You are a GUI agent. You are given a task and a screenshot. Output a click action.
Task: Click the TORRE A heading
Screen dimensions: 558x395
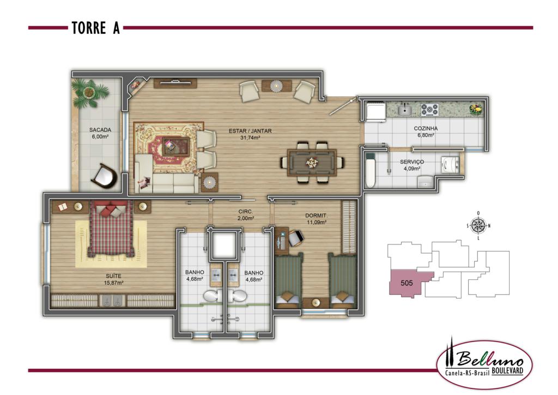pos(96,28)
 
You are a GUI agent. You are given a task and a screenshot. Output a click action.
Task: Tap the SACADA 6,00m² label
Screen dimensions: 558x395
pos(100,133)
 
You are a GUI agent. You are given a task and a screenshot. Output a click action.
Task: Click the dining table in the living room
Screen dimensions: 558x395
pos(312,163)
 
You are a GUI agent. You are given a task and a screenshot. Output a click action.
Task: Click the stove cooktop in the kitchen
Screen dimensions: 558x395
pos(429,110)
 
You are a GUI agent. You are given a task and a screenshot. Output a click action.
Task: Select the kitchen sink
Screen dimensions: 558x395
pos(404,110)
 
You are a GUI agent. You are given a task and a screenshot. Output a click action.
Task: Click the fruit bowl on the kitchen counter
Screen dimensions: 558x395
pos(475,109)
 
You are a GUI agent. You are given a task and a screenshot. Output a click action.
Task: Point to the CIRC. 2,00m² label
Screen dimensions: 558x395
pos(246,215)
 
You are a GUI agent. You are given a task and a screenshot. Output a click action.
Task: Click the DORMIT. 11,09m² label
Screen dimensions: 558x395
pos(317,219)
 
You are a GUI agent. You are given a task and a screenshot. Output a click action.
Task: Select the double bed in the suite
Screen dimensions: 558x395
pos(111,228)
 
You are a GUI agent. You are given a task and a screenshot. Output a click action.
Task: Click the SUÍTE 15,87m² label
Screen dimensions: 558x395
pos(113,279)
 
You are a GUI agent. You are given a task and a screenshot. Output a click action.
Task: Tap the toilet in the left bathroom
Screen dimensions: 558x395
pos(213,296)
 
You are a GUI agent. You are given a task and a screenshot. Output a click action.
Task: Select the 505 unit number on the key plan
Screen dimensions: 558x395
pos(407,283)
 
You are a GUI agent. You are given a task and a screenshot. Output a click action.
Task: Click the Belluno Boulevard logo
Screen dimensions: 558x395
pos(484,364)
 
